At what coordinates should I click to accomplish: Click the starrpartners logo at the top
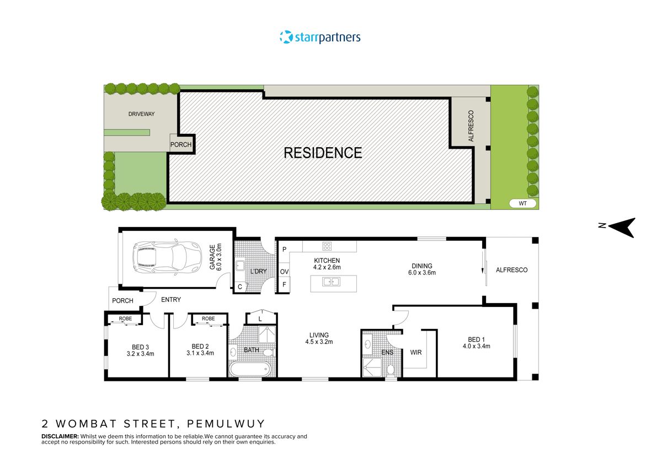[320, 37]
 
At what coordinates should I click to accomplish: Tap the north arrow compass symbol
[621, 226]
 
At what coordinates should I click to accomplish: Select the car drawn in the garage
[163, 258]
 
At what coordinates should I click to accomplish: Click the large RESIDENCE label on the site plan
[323, 153]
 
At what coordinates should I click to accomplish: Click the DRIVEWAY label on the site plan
[142, 114]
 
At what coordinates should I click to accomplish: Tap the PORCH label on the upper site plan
[181, 145]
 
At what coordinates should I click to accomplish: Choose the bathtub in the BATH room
[250, 369]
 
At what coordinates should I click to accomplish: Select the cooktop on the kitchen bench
[327, 247]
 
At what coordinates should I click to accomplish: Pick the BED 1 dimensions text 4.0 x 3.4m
[477, 346]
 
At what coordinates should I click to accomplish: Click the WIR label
[416, 352]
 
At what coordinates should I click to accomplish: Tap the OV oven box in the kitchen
[284, 272]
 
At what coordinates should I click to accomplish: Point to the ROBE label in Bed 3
[125, 319]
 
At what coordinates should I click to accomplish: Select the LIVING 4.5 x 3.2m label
[319, 338]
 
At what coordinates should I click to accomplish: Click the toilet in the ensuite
[391, 369]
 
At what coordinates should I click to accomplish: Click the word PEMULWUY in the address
[226, 424]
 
